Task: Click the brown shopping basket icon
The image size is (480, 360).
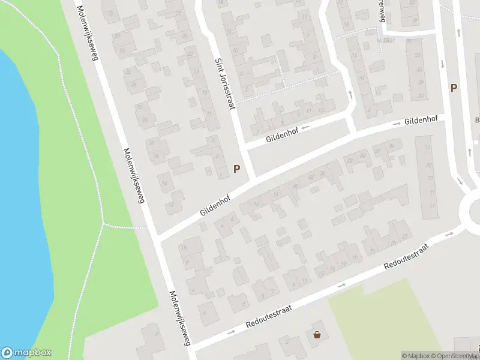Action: (317, 335)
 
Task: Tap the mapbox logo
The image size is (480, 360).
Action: (26, 352)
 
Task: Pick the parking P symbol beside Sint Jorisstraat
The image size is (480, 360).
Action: (237, 169)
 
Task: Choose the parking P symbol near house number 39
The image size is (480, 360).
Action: (454, 88)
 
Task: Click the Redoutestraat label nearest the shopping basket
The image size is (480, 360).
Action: (269, 317)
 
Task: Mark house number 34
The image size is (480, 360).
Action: (392, 145)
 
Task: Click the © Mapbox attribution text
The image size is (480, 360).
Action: (418, 356)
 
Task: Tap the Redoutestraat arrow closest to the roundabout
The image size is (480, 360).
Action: (451, 233)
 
